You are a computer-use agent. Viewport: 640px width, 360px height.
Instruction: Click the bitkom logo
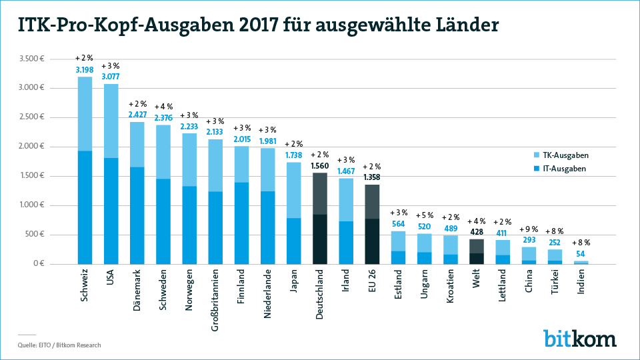click(579, 338)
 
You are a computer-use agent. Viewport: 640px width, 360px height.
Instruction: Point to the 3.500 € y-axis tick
click(31, 59)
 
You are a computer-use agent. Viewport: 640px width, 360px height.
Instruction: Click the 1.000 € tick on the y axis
click(31, 205)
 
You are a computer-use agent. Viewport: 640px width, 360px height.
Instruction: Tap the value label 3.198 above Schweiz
click(85, 69)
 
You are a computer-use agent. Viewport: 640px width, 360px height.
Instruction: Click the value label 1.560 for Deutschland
click(320, 165)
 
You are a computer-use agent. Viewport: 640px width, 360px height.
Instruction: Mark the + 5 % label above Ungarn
click(425, 215)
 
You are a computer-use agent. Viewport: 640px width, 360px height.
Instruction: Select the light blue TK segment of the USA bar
click(111, 121)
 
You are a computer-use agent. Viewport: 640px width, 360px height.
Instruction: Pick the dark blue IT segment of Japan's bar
click(294, 241)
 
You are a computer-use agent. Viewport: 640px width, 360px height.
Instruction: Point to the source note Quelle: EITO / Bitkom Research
click(59, 345)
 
